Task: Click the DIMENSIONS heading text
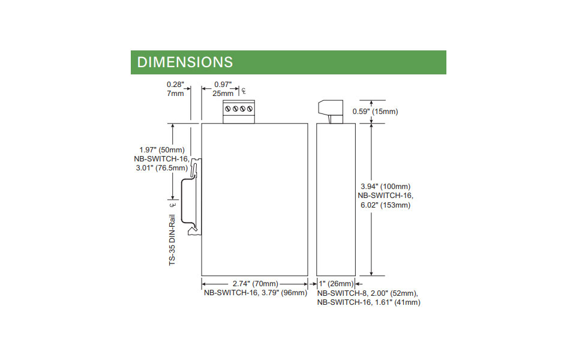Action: pos(185,62)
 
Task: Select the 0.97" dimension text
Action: pos(223,85)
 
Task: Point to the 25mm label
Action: pos(223,94)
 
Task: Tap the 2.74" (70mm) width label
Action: pos(254,283)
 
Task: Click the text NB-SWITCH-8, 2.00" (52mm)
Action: pos(367,293)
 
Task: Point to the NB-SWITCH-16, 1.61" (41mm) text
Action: pos(368,302)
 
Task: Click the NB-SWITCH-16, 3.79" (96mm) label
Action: pos(254,293)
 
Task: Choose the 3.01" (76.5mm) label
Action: pos(163,168)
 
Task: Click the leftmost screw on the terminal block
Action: pos(229,109)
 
